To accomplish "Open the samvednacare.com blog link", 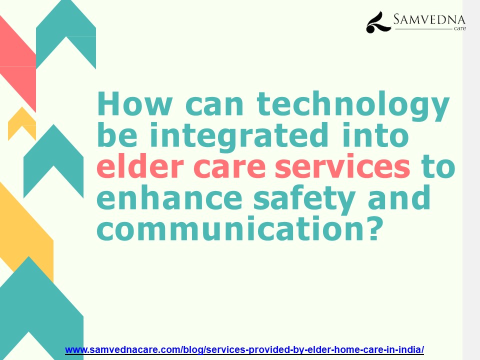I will (x=244, y=349).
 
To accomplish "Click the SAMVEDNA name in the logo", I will (x=429, y=20).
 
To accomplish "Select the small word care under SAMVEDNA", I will (x=459, y=29).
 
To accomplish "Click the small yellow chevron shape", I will (x=22, y=122).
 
